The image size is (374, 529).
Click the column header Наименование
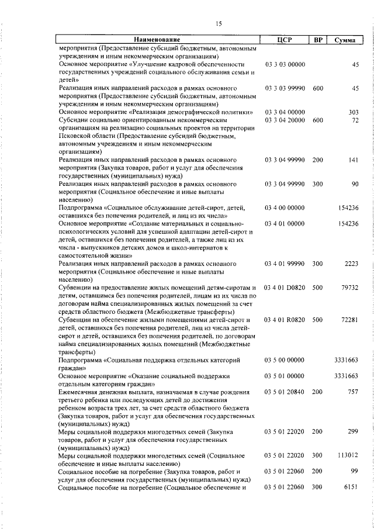coord(158,40)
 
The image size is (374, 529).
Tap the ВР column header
coord(317,40)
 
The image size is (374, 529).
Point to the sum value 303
coord(353,112)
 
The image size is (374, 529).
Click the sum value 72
coord(355,120)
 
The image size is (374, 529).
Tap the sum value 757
coord(353,391)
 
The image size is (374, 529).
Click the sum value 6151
coord(351,487)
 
